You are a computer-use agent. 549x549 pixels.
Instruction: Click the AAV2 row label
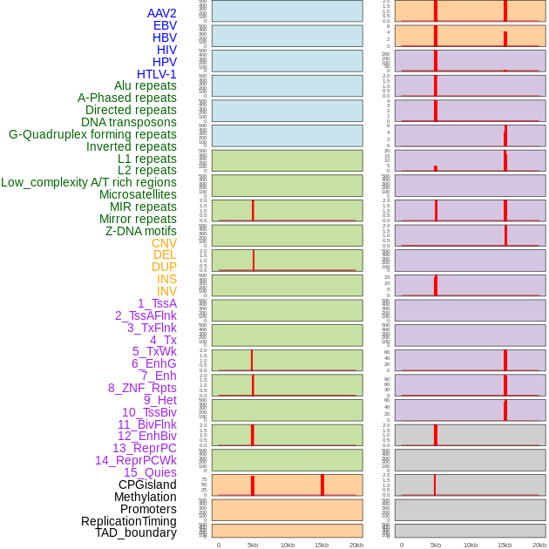pyautogui.click(x=161, y=13)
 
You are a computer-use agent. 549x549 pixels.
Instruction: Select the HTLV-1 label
pyautogui.click(x=156, y=74)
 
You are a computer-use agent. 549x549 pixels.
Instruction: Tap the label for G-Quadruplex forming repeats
pyautogui.click(x=92, y=134)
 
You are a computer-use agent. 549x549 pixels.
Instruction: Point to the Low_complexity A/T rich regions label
pyautogui.click(x=89, y=182)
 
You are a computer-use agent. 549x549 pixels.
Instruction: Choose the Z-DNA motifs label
pyautogui.click(x=140, y=231)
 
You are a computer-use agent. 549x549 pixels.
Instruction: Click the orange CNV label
pyautogui.click(x=164, y=243)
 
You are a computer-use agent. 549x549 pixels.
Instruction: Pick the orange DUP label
pyautogui.click(x=164, y=267)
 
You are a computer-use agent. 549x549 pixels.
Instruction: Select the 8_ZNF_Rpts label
pyautogui.click(x=142, y=388)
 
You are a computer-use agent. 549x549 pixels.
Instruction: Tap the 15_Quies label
pyautogui.click(x=150, y=472)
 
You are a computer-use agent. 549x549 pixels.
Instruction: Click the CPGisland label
pyautogui.click(x=147, y=485)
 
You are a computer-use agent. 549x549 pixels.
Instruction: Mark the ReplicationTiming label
pyautogui.click(x=128, y=521)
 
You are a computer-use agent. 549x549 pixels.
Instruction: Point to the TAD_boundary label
pyautogui.click(x=135, y=532)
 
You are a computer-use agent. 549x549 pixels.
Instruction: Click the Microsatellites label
pyautogui.click(x=138, y=194)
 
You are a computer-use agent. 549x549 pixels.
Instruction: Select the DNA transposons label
pyautogui.click(x=128, y=122)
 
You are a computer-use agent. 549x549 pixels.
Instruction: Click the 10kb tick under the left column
pyautogui.click(x=287, y=545)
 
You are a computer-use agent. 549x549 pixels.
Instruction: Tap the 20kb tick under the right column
pyautogui.click(x=539, y=545)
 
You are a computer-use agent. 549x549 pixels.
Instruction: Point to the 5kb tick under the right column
pyautogui.click(x=436, y=545)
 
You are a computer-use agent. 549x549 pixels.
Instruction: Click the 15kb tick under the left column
pyautogui.click(x=322, y=545)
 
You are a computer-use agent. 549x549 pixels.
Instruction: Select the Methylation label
pyautogui.click(x=145, y=497)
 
